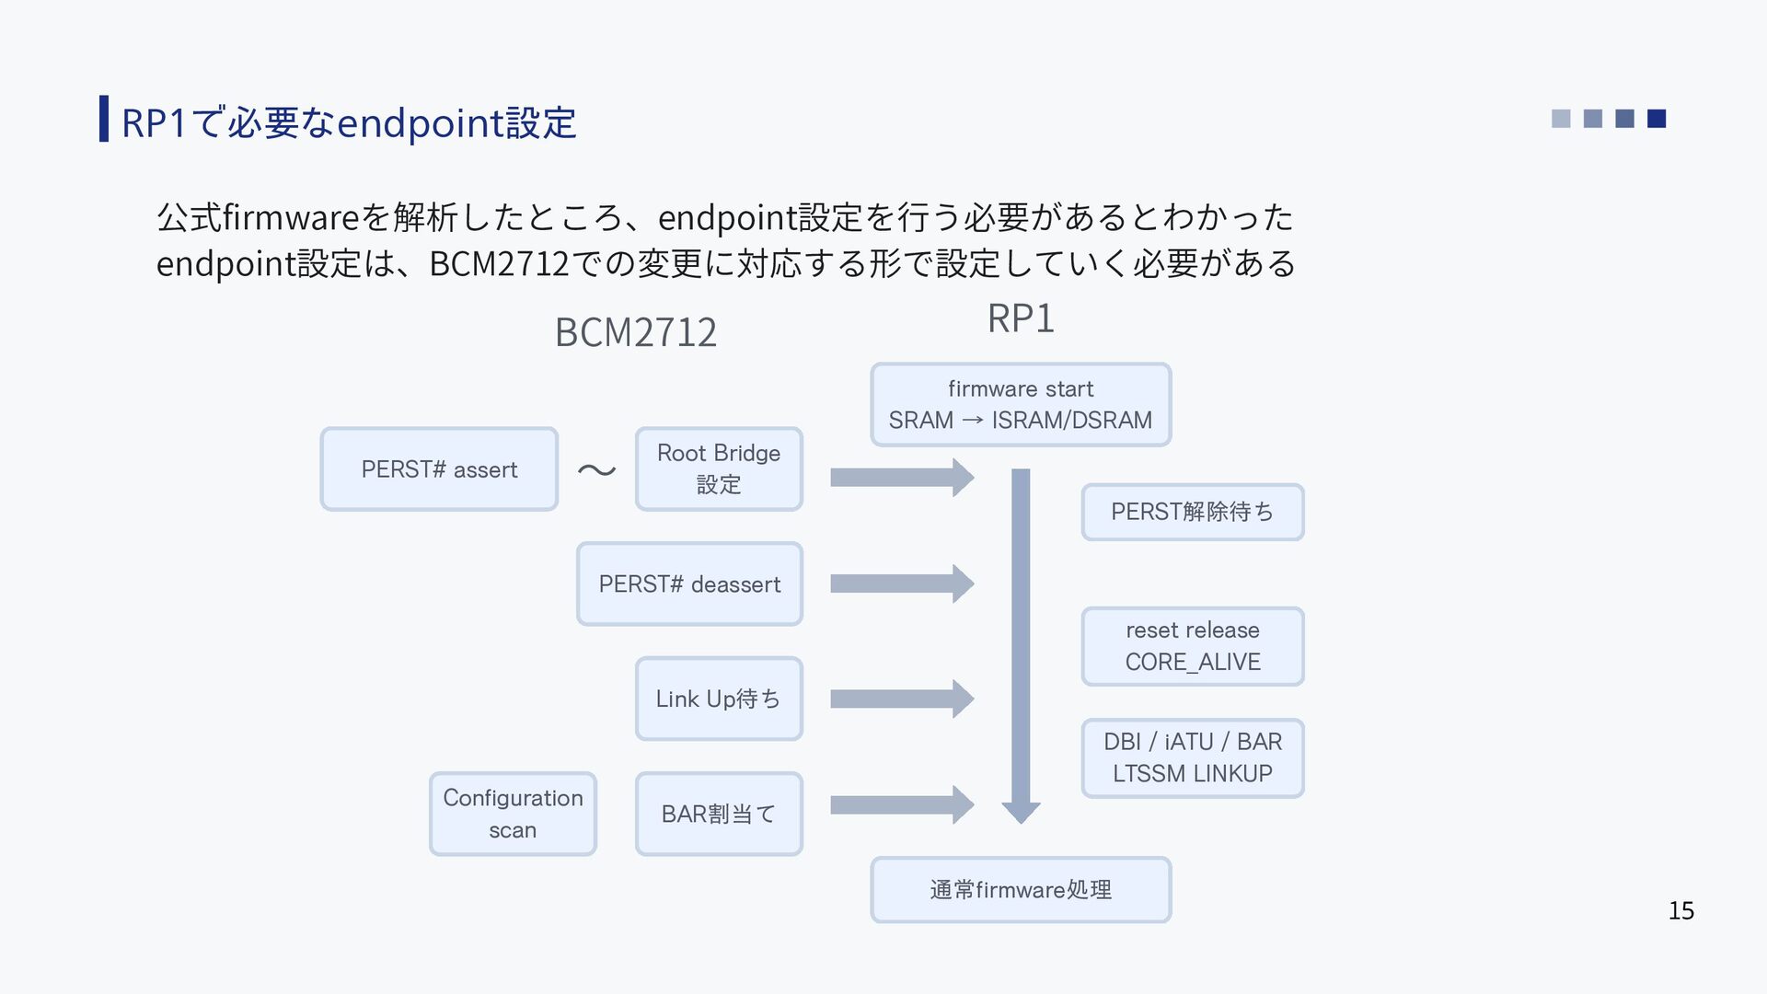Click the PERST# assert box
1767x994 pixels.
pyautogui.click(x=439, y=469)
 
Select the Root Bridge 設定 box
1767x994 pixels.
pyautogui.click(x=719, y=469)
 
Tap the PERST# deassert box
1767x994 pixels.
pyautogui.click(x=689, y=584)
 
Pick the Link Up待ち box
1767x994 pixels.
pyautogui.click(x=719, y=699)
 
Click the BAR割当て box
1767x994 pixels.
pyautogui.click(x=719, y=814)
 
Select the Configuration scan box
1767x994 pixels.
pyautogui.click(x=513, y=814)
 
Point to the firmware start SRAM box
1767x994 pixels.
pyautogui.click(x=1021, y=405)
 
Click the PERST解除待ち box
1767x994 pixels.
pyautogui.click(x=1193, y=512)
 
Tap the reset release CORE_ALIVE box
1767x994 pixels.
pyautogui.click(x=1193, y=646)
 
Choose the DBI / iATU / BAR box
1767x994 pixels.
pyautogui.click(x=1193, y=757)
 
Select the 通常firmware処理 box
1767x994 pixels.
pyautogui.click(x=1021, y=890)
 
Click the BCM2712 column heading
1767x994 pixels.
pyautogui.click(x=636, y=332)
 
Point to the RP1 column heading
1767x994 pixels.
pyautogui.click(x=1021, y=318)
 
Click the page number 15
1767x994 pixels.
pyautogui.click(x=1681, y=911)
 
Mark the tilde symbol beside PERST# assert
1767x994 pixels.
pyautogui.click(x=596, y=470)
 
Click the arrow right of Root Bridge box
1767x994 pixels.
pyautogui.click(x=902, y=478)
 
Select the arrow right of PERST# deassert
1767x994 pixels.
pyautogui.click(x=902, y=584)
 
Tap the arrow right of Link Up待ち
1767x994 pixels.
pyautogui.click(x=902, y=699)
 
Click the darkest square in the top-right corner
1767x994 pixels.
pyautogui.click(x=1657, y=119)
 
